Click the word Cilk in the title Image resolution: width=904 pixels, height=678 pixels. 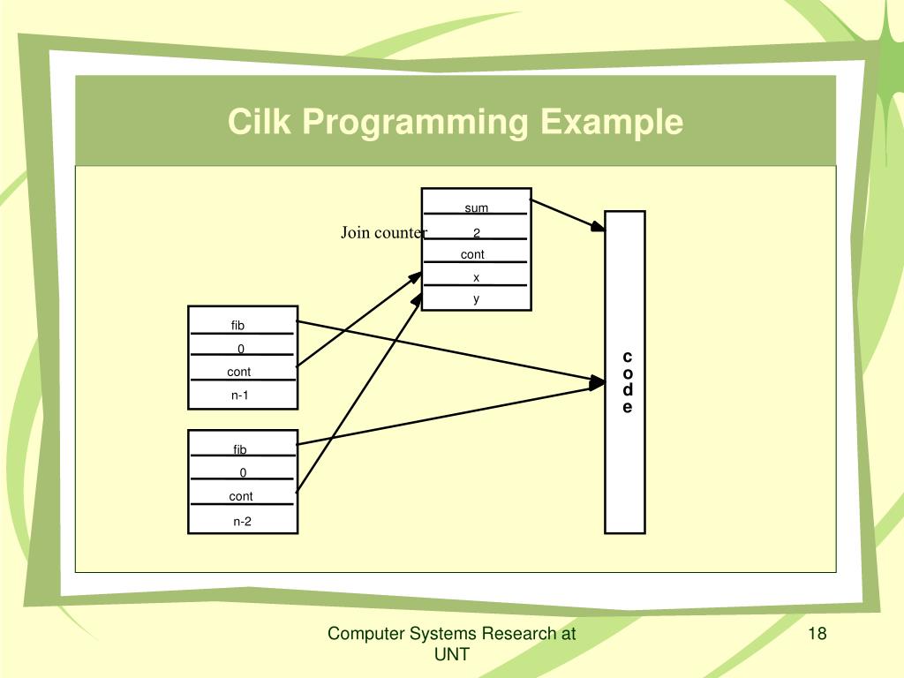259,122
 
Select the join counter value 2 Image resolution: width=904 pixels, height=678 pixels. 476,232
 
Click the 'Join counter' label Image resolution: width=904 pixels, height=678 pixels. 383,232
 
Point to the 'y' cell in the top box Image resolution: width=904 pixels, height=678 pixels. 476,298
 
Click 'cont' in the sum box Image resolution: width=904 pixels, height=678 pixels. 472,254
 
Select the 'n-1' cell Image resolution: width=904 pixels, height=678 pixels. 240,395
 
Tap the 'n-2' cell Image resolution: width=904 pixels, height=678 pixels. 242,521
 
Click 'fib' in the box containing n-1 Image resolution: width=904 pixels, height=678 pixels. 237,325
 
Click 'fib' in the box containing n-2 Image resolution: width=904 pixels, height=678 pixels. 240,449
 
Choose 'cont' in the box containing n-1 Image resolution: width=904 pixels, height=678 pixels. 238,372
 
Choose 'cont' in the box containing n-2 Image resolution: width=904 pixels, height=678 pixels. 240,496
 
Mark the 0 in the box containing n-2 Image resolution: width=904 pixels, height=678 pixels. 243,472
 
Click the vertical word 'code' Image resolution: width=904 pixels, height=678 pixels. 628,381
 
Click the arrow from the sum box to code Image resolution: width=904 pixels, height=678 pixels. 568,215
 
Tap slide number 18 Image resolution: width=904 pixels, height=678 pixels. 817,633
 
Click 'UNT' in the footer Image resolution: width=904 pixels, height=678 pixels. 451,654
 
